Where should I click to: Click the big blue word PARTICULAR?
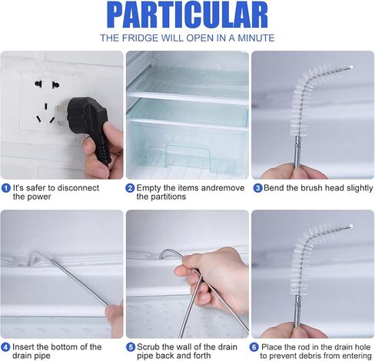pos(187,15)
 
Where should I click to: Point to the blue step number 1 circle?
pos(6,188)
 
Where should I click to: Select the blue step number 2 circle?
pos(130,188)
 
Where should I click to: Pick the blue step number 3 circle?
pos(257,188)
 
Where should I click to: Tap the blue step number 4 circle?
pos(6,347)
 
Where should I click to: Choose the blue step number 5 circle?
pos(131,347)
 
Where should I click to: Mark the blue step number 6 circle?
pos(254,347)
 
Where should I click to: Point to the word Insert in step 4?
pos(23,347)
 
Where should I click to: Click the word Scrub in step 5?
pos(148,347)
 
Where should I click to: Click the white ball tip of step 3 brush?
pos(351,67)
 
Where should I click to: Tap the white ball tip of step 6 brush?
pos(351,227)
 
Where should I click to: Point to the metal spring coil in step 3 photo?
pos(297,151)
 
